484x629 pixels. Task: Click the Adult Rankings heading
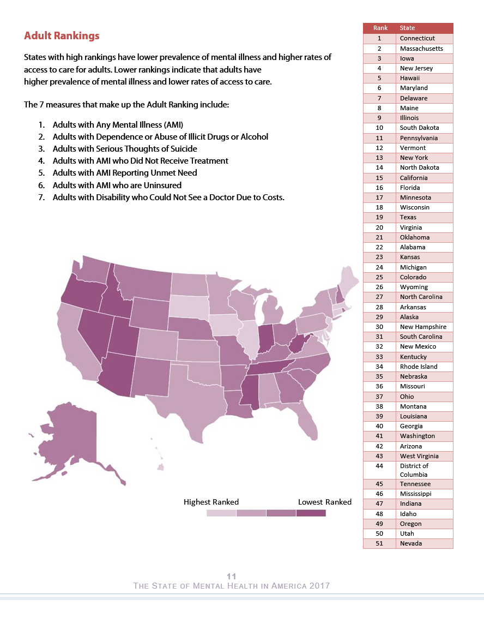click(x=62, y=35)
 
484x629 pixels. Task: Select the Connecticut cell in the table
click(x=425, y=39)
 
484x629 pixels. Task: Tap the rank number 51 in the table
click(x=379, y=543)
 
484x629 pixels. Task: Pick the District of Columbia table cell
click(x=425, y=470)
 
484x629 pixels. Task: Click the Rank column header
click(x=380, y=28)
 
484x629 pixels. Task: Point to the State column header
click(x=407, y=28)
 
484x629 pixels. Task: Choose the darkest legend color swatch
click(x=311, y=513)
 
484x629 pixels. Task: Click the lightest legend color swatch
click(x=221, y=513)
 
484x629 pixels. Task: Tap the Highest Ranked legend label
click(x=211, y=502)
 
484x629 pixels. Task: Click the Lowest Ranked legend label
click(x=324, y=502)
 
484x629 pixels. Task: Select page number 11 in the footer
click(x=232, y=577)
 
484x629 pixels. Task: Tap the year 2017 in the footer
click(x=319, y=586)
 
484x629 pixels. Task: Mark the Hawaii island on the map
click(x=160, y=467)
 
